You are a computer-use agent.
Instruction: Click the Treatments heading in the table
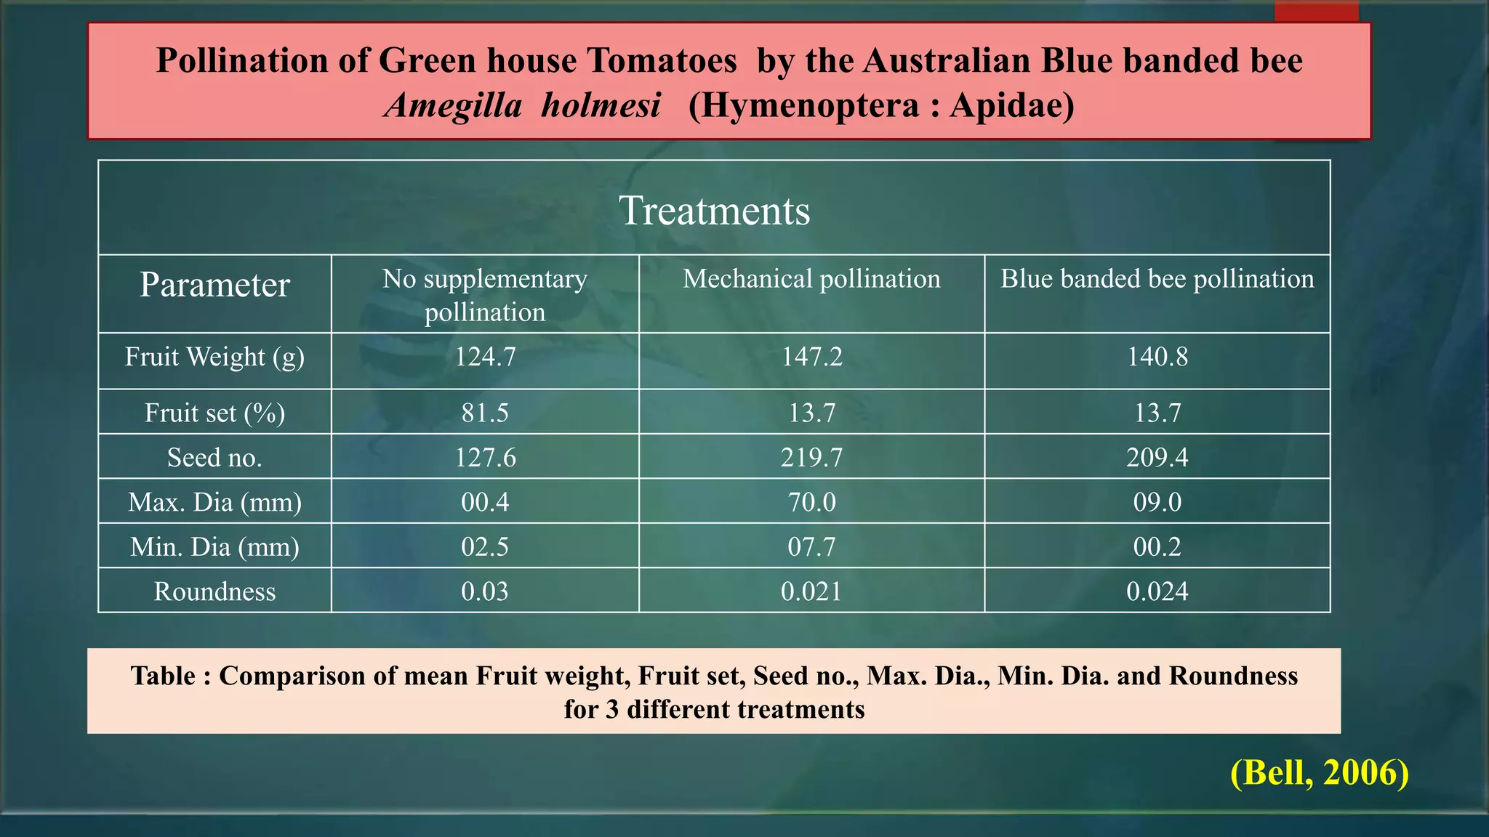tap(714, 211)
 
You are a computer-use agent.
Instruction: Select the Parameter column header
tap(214, 285)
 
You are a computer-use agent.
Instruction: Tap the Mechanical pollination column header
tap(811, 279)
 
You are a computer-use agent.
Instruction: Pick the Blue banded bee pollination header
tap(1157, 279)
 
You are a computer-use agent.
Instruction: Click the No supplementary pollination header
tap(485, 295)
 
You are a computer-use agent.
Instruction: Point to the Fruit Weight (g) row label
tap(214, 357)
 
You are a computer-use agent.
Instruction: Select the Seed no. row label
tap(214, 458)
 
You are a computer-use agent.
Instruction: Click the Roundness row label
tap(214, 591)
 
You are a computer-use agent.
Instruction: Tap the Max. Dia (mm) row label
tap(214, 502)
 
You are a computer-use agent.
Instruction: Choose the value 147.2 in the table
tap(811, 357)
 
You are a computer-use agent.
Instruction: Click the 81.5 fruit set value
tap(485, 413)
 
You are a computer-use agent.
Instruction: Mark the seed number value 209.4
tap(1157, 458)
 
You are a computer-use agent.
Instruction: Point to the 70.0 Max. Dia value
tap(811, 502)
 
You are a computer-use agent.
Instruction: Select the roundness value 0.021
tap(811, 591)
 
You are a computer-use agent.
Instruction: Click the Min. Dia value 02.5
tap(485, 547)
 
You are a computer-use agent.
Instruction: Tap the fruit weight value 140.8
tap(1157, 357)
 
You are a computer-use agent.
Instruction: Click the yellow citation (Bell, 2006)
tap(1319, 772)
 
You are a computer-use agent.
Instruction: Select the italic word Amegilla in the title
tap(454, 106)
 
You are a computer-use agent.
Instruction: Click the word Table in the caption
tap(163, 676)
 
